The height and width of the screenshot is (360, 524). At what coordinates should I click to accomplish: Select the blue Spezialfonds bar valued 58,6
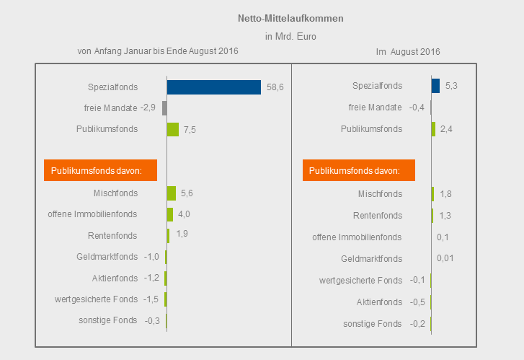tap(213, 87)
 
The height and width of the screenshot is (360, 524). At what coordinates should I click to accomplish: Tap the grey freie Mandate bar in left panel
tap(164, 108)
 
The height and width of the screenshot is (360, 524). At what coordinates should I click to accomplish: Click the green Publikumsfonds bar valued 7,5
tap(172, 129)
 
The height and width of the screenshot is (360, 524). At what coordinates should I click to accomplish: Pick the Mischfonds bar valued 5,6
tap(171, 193)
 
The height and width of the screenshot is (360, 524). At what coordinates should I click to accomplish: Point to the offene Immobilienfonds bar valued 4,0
tap(169, 214)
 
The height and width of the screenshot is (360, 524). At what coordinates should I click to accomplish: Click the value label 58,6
tap(275, 87)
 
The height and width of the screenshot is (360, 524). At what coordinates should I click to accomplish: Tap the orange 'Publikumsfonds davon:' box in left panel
tap(100, 171)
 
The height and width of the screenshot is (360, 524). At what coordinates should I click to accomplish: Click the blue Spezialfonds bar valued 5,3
tap(435, 86)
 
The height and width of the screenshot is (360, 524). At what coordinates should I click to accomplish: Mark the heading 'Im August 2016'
tap(408, 52)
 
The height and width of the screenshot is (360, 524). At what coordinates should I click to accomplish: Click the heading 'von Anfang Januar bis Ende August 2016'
tap(157, 51)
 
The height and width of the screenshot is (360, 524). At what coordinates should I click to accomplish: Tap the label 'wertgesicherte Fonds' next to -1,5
tap(96, 299)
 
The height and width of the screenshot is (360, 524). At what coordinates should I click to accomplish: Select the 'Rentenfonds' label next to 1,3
tap(378, 215)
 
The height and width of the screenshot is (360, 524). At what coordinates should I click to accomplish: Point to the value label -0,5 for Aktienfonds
tap(417, 302)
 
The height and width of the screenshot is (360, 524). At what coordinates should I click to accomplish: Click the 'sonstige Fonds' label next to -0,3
tap(107, 320)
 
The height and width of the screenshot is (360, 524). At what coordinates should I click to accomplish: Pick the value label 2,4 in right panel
tap(446, 129)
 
